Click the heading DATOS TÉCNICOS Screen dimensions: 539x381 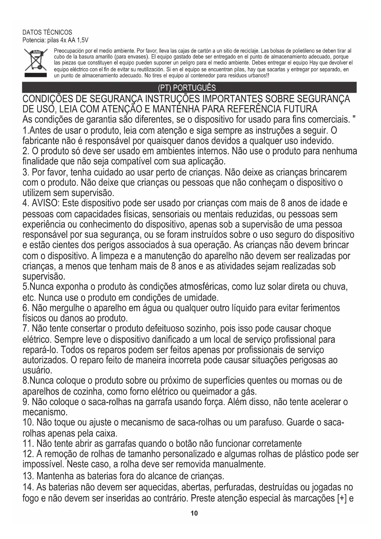coord(48,33)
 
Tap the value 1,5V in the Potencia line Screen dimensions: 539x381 coord(82,40)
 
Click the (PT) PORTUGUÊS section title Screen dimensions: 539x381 coord(187,88)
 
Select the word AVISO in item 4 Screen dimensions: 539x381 coord(47,203)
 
